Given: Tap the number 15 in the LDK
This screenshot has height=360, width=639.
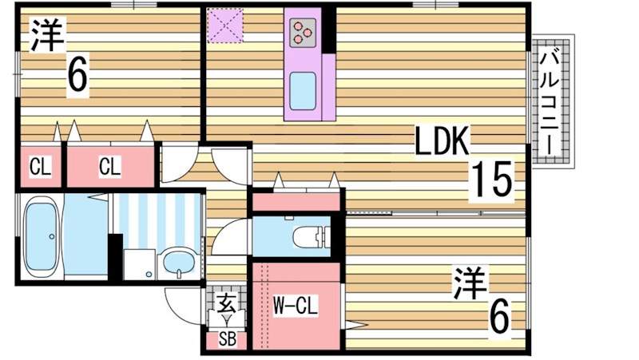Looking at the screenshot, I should pos(489,179).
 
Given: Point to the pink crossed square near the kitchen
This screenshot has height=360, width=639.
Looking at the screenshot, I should pos(224,25).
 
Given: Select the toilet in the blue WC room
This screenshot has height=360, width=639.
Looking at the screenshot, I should pos(311,236).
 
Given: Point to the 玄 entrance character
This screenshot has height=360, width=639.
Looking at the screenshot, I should pos(226,303).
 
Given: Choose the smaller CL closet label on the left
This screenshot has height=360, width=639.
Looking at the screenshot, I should pos(39,167).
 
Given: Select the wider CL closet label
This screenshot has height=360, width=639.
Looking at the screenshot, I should pos(109,167).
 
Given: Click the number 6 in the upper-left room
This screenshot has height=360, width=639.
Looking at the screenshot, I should pos(77,77).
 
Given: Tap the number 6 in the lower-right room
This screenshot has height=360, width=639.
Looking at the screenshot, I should pos(498,320).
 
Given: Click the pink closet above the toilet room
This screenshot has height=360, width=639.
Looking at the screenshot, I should pos(296,202).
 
